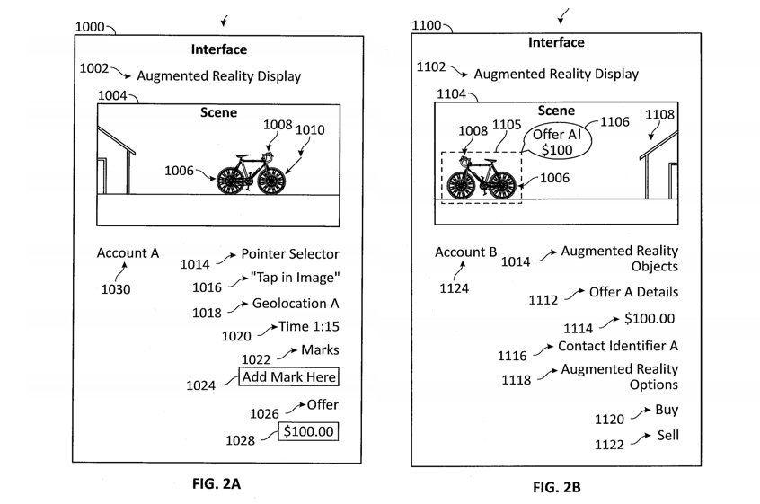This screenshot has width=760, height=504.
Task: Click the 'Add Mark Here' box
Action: pyautogui.click(x=288, y=377)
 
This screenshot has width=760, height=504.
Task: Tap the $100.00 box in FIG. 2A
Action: pyautogui.click(x=308, y=432)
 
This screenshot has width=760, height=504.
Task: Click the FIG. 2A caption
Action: pyautogui.click(x=217, y=483)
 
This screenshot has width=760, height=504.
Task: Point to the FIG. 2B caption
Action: pyautogui.click(x=556, y=488)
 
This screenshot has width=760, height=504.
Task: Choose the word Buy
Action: pyautogui.click(x=667, y=410)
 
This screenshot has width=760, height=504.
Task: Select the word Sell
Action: pyautogui.click(x=667, y=435)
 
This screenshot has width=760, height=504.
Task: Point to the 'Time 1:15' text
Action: pyautogui.click(x=309, y=327)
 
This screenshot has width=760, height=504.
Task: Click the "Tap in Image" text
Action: pyautogui.click(x=296, y=278)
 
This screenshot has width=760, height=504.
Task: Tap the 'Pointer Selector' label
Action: pyautogui.click(x=290, y=254)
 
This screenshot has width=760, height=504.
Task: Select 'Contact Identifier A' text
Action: pyautogui.click(x=617, y=346)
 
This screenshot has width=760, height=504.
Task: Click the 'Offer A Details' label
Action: pyautogui.click(x=633, y=292)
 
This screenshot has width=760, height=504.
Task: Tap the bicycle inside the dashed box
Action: pyautogui.click(x=482, y=178)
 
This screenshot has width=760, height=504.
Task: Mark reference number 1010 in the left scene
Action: pyautogui.click(x=310, y=130)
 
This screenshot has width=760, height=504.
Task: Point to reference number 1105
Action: pyautogui.click(x=506, y=124)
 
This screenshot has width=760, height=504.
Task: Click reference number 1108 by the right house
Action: pyautogui.click(x=660, y=114)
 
